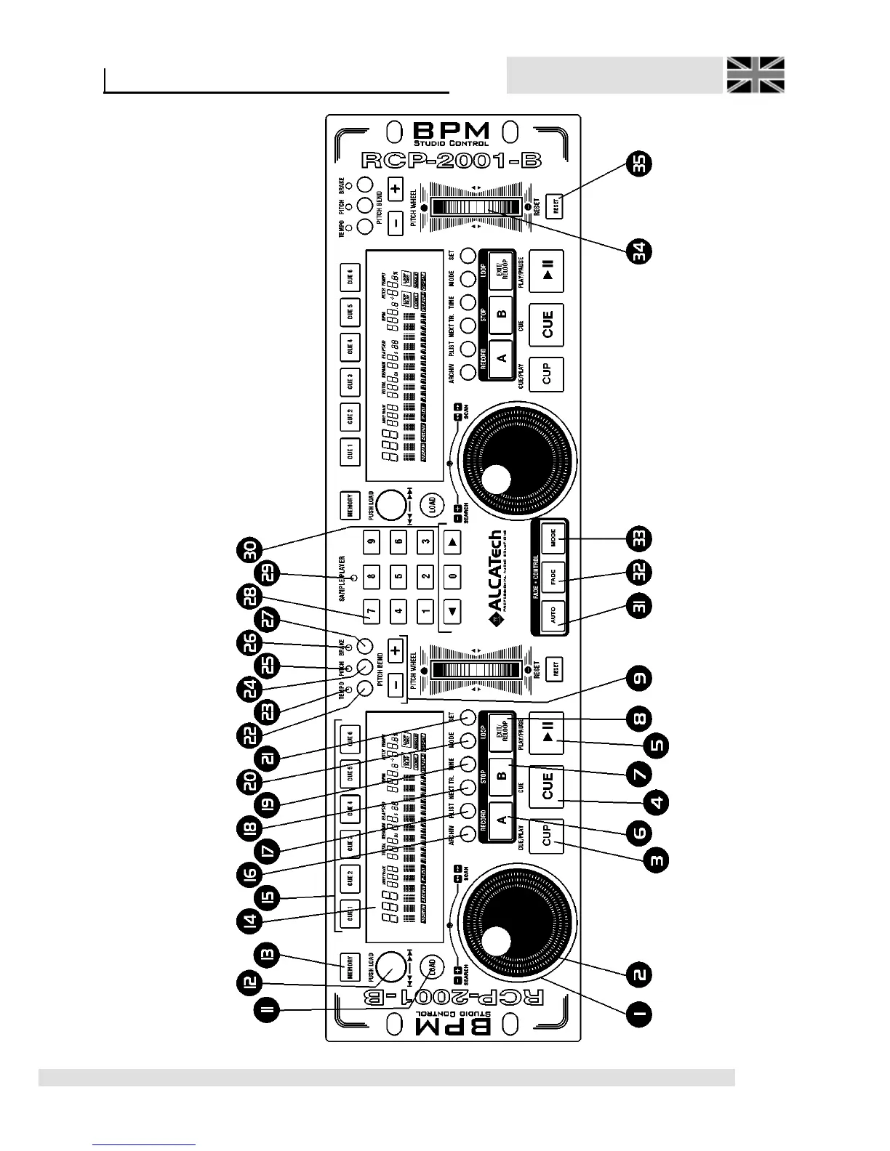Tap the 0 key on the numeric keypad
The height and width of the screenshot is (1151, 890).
[x=452, y=577]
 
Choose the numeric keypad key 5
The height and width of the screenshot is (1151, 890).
[x=398, y=577]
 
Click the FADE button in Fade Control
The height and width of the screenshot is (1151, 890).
[x=554, y=578]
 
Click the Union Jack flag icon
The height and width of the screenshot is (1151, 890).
[x=755, y=75]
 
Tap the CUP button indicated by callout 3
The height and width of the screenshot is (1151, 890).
[x=548, y=836]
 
